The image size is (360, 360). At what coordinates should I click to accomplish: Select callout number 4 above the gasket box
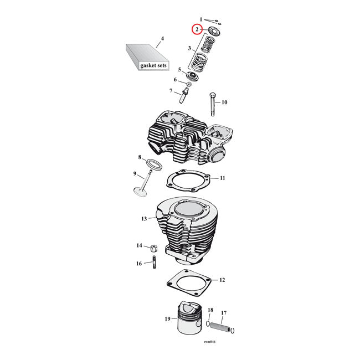pyautogui.click(x=162, y=39)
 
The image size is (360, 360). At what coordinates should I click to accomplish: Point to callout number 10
pyautogui.click(x=224, y=102)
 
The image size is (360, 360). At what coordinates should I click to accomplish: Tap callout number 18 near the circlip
pyautogui.click(x=210, y=310)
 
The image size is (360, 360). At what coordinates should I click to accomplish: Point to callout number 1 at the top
pyautogui.click(x=201, y=19)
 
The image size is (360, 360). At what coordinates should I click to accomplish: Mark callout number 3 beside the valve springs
pyautogui.click(x=189, y=49)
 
